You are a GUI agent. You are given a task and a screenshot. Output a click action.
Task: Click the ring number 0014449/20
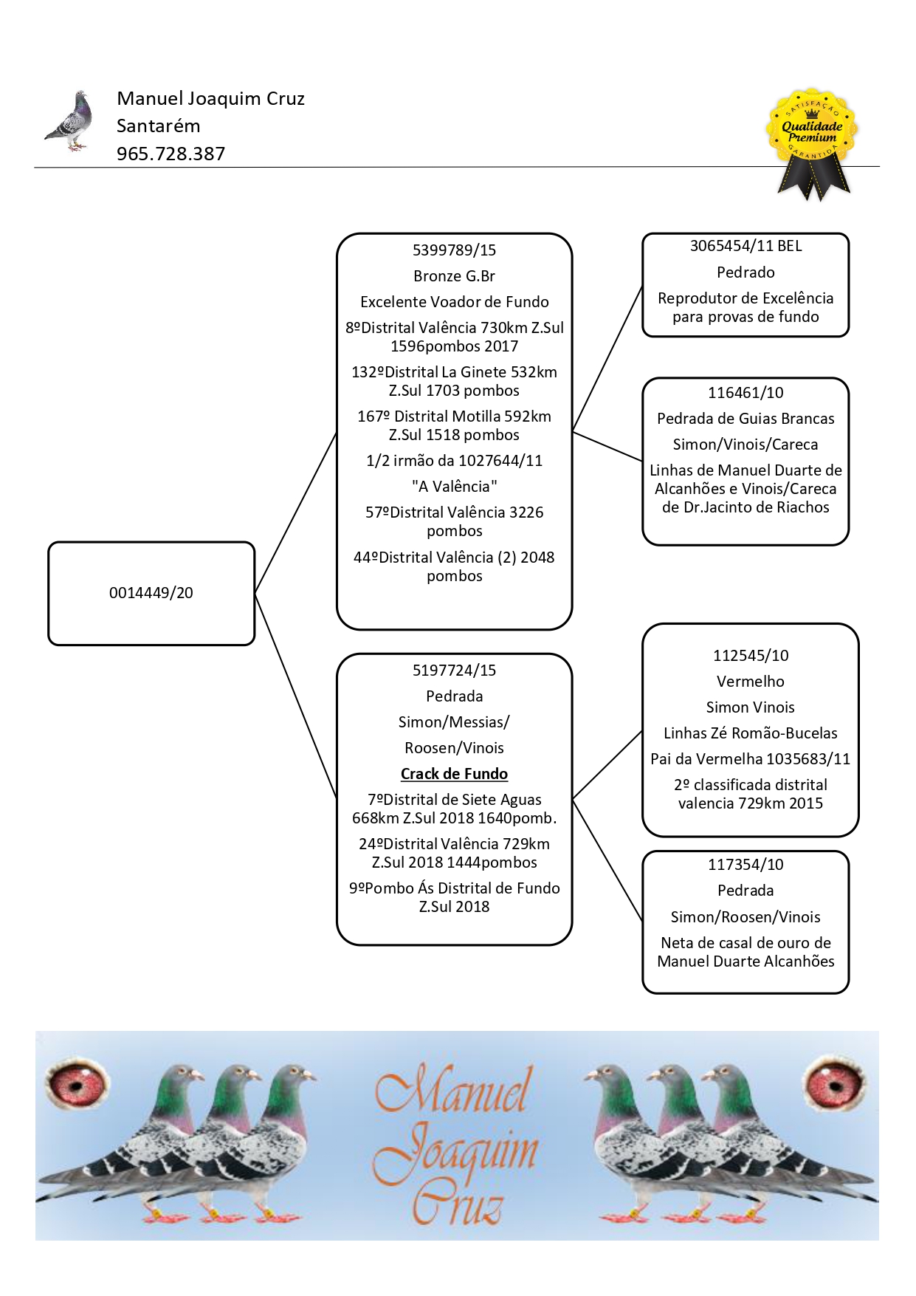151,593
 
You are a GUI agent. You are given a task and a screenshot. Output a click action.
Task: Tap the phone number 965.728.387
171,154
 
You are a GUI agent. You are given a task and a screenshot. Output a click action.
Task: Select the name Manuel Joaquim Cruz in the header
210,99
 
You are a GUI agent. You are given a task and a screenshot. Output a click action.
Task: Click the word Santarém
158,126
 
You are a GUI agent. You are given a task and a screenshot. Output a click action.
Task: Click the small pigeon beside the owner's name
69,121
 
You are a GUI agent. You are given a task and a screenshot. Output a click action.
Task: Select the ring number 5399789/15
455,250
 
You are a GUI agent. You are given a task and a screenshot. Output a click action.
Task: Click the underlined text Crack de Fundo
455,774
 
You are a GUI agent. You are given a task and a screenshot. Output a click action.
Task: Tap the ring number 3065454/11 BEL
745,246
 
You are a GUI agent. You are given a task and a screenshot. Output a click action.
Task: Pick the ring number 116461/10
745,393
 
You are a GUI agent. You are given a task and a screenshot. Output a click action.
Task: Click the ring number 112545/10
751,656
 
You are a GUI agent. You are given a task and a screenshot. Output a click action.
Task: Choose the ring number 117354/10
745,865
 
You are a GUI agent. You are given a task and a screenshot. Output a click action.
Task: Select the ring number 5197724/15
455,671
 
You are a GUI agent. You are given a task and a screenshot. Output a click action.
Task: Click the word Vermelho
751,682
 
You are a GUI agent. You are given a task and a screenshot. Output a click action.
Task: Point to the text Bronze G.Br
455,276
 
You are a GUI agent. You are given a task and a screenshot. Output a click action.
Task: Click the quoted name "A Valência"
455,487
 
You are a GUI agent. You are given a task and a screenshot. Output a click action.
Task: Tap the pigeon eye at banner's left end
77,1083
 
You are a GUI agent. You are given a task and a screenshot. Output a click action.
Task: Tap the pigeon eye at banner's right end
835,1083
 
